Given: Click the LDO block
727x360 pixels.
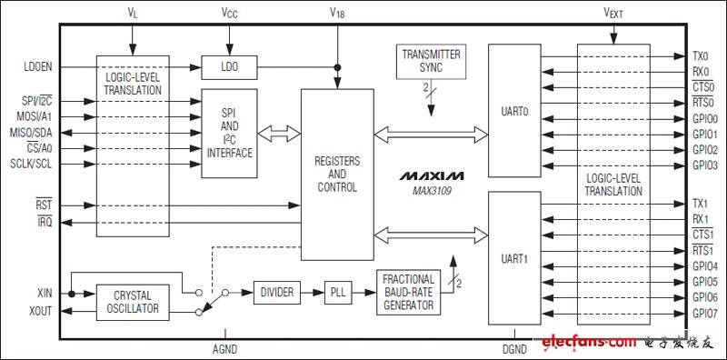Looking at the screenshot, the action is point(229,67).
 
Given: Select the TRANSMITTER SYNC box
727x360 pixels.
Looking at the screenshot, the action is point(431,61).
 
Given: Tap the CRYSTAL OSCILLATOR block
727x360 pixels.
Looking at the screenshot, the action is point(133,302).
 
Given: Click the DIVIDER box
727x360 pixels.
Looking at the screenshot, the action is point(277,292).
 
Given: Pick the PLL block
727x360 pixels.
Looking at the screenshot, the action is point(338,292).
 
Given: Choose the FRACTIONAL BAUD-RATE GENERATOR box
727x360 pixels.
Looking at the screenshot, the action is point(408,292).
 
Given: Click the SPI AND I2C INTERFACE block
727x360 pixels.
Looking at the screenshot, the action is point(229,133).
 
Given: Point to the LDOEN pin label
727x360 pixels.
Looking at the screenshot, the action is point(38,67).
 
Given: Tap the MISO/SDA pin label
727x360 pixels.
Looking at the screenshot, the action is point(31,133).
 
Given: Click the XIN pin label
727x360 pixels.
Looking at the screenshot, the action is point(45,294).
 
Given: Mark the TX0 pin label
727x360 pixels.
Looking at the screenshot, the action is point(700,56).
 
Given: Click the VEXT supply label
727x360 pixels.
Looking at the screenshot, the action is point(612,14).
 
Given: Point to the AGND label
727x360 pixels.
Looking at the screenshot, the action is point(224,349).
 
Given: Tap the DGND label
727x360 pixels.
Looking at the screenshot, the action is point(514,349).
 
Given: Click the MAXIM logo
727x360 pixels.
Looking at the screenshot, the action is point(431,176).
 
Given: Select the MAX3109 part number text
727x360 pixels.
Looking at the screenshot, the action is point(431,191).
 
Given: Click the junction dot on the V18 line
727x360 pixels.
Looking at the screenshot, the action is point(337,68).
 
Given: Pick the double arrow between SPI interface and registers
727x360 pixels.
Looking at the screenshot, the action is point(279,133).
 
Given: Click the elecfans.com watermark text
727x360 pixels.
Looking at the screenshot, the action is point(589,343).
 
